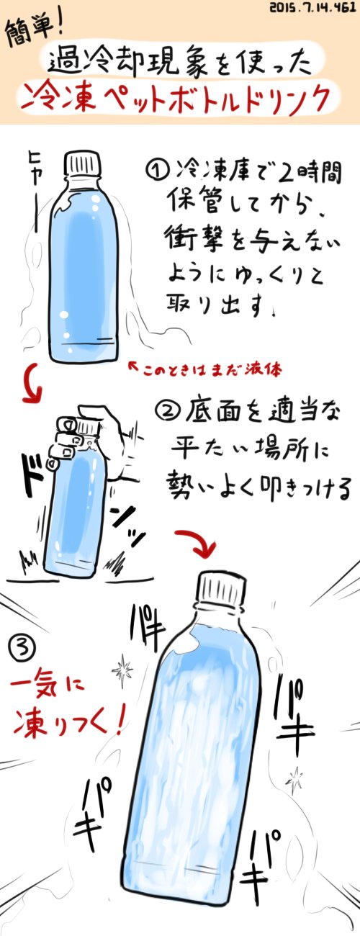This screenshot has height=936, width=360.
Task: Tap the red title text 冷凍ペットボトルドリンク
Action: click(179, 99)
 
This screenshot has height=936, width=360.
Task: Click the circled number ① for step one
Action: click(157, 172)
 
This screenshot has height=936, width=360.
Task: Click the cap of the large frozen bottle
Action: click(221, 590)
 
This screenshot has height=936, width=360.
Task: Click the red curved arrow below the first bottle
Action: click(32, 383)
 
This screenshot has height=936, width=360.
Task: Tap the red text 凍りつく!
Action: click(69, 722)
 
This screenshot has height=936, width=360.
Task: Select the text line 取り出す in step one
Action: click(219, 305)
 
